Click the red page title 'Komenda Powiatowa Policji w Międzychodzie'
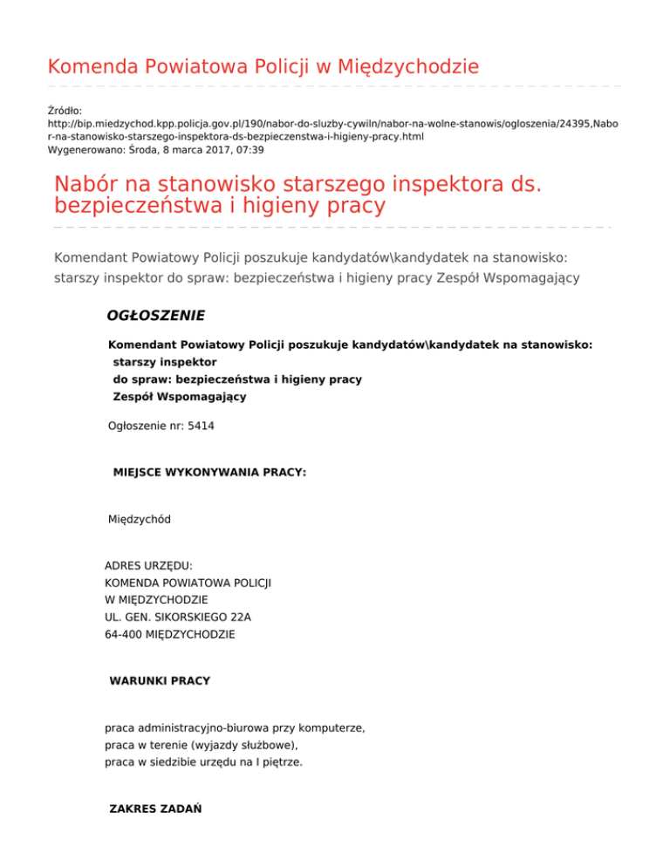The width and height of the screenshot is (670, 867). click(263, 66)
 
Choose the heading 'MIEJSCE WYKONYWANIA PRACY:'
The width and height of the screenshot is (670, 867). click(209, 473)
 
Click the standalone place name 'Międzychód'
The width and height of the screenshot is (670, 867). click(139, 520)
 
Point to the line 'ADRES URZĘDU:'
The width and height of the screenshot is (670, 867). click(148, 565)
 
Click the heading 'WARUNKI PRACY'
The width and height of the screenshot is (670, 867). click(160, 680)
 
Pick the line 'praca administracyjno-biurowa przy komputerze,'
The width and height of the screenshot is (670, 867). click(234, 727)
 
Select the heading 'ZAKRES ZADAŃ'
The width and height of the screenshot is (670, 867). click(155, 809)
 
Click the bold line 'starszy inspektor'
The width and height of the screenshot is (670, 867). click(165, 361)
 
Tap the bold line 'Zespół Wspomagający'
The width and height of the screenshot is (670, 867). click(180, 397)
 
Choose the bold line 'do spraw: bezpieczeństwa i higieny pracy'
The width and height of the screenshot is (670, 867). click(237, 379)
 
